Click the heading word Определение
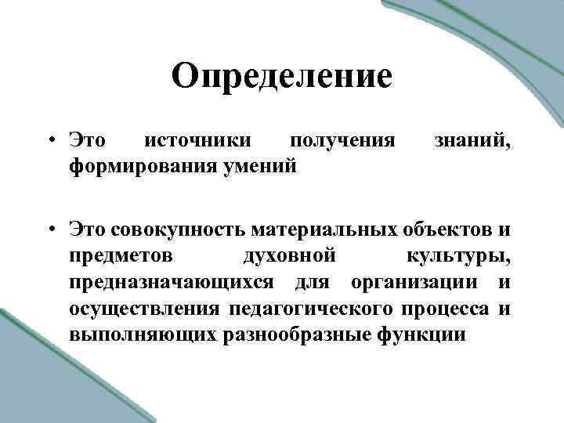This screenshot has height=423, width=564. click(x=281, y=78)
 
